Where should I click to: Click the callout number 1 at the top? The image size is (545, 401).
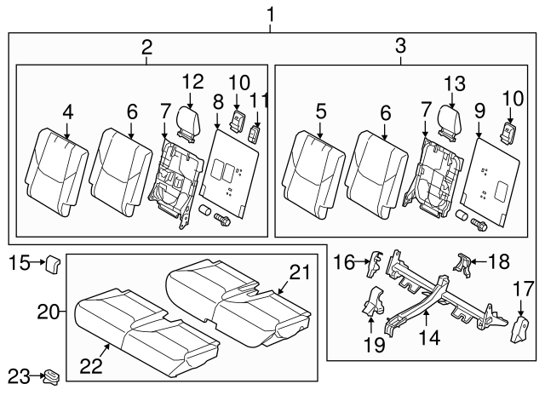click(x=271, y=14)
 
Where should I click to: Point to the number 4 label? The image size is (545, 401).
click(x=67, y=111)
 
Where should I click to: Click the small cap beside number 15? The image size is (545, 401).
click(x=51, y=264)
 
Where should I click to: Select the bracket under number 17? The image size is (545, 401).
click(x=520, y=328)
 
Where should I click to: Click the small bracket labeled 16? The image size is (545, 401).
click(x=372, y=265)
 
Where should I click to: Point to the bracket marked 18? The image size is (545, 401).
click(x=462, y=265)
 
